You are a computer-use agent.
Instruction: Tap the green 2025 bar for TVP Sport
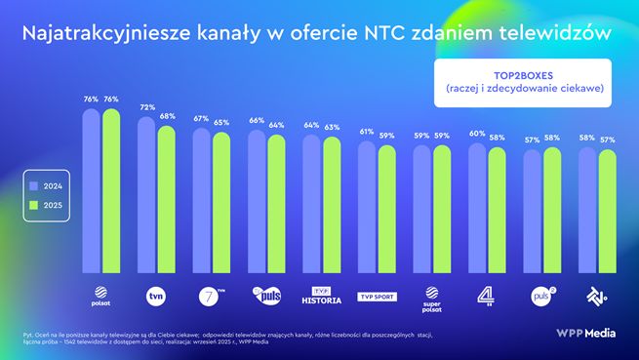387,210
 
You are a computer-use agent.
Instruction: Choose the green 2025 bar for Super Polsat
442,210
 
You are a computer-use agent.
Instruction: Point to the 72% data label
146,107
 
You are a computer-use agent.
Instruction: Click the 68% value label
167,116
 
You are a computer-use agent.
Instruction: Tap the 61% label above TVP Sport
367,132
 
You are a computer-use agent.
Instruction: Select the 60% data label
477,134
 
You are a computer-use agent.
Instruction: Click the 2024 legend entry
45,184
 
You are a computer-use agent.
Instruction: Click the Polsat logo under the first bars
100,293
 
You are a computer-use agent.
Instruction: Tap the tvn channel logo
155,293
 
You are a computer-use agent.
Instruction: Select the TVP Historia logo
321,295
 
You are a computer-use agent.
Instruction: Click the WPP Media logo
583,335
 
